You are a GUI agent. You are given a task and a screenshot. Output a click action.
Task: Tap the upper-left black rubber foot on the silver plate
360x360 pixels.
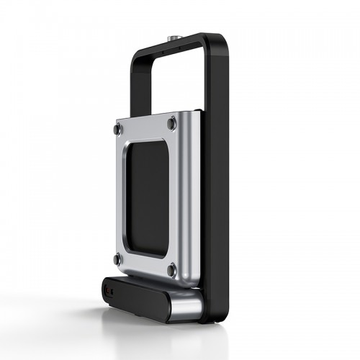117,130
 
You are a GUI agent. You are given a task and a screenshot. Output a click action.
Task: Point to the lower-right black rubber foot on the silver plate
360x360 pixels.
171,271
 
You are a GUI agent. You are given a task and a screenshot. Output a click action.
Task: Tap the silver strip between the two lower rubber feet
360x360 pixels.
144,264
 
